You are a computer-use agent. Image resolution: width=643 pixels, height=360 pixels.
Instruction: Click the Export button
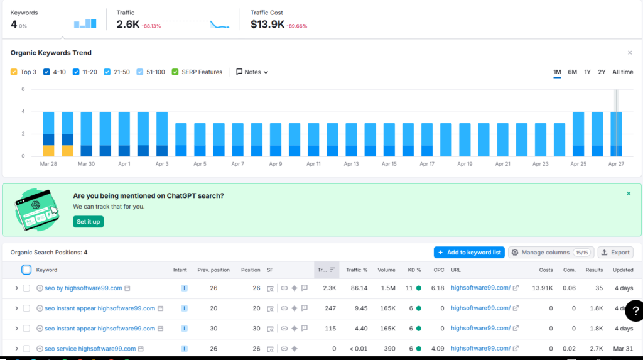[615, 253]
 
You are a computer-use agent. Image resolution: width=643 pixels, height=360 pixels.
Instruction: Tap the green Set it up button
[88, 222]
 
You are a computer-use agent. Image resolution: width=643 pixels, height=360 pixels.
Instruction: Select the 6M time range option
[572, 72]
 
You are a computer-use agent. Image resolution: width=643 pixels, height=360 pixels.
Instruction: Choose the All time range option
[622, 72]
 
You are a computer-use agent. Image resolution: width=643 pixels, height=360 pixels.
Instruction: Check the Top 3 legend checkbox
[14, 72]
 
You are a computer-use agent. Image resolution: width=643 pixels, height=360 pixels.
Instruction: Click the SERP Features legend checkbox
[175, 72]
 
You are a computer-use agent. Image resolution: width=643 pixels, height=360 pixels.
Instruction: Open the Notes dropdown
[252, 72]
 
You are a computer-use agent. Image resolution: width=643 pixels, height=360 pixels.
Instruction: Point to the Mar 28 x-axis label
[48, 164]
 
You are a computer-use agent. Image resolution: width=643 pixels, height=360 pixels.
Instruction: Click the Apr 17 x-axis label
[427, 164]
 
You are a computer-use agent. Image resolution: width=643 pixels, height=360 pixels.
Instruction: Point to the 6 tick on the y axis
[23, 89]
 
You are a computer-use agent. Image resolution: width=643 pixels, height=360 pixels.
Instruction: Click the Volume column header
[386, 270]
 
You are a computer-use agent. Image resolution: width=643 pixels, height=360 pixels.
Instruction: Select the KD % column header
[414, 270]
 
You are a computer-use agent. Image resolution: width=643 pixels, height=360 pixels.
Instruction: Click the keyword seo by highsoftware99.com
[83, 288]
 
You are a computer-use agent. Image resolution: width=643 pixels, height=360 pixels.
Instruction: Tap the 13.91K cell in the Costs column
[542, 288]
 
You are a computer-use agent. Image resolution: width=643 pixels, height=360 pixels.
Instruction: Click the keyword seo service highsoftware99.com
[90, 349]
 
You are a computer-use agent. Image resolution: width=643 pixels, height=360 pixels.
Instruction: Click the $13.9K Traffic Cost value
[267, 25]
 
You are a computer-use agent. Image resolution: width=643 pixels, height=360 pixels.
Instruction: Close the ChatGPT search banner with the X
[629, 194]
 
